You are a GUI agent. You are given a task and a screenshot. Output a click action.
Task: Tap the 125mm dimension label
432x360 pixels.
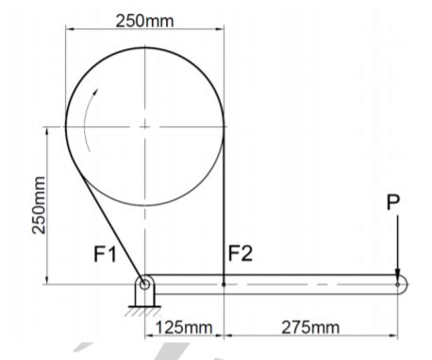point(183,327)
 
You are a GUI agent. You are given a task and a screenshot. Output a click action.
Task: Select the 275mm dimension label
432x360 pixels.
point(310,327)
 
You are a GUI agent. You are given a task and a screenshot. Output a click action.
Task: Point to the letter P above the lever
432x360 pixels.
point(394,202)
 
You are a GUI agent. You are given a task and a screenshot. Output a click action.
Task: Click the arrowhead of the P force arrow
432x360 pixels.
point(399,272)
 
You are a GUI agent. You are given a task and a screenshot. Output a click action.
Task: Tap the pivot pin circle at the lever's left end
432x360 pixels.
point(144,281)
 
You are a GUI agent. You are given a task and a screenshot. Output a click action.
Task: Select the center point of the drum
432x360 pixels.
point(144,124)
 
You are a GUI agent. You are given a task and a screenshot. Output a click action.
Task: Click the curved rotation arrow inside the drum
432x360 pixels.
point(89,118)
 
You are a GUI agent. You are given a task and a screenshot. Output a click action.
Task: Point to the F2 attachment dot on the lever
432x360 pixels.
point(223,281)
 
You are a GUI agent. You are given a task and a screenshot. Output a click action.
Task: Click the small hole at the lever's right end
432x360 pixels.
point(399,281)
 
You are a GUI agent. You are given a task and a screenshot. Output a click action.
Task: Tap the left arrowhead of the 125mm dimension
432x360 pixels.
point(149,338)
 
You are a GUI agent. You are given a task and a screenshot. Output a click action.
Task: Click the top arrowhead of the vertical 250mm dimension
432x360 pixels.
point(44,129)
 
